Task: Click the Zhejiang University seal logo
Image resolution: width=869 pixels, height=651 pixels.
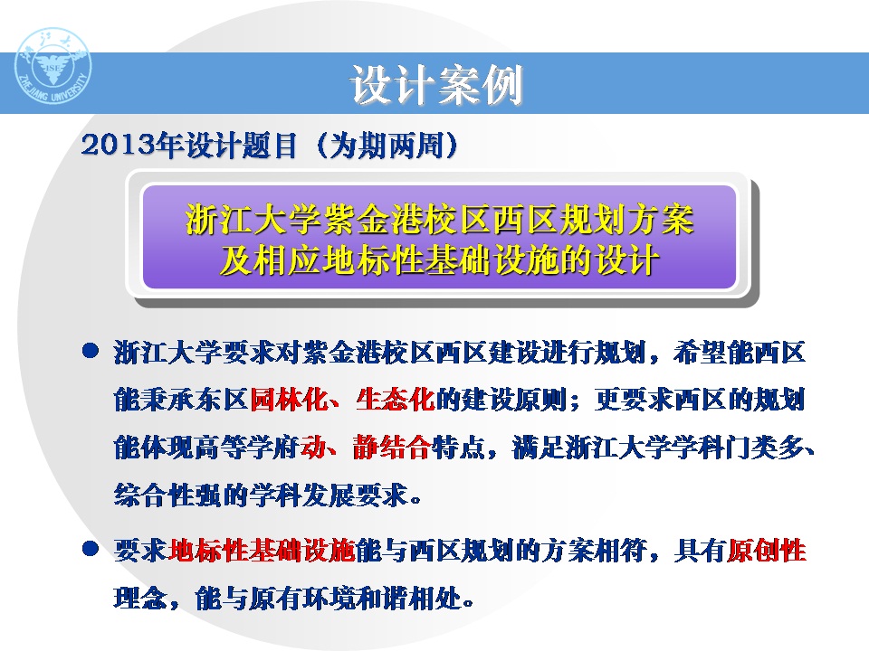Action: [53, 66]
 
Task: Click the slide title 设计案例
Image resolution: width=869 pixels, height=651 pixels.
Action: [436, 85]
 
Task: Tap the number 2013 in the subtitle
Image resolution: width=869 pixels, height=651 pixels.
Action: [118, 146]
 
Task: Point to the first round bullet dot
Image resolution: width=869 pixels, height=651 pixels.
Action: [91, 351]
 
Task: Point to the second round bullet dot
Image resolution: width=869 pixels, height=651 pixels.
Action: [91, 549]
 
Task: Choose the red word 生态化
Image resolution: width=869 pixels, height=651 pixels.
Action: [396, 399]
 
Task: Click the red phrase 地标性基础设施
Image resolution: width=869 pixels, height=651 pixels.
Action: [262, 551]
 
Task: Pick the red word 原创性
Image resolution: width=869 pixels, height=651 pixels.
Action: [767, 551]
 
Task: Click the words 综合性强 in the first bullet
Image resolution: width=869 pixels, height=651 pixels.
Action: [167, 495]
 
